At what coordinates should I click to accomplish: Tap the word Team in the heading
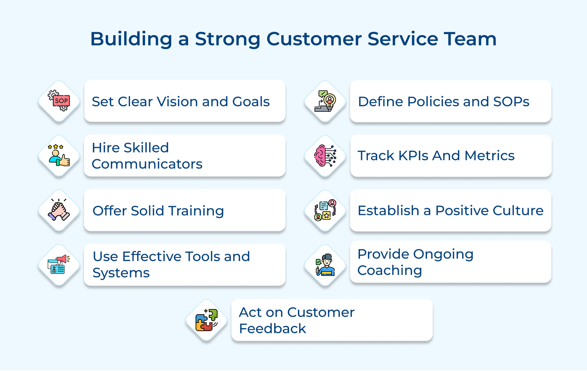pyautogui.click(x=470, y=39)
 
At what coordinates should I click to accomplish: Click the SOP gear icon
pyautogui.click(x=59, y=101)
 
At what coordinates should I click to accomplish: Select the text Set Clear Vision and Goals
pyautogui.click(x=181, y=102)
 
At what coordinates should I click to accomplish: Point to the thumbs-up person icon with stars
pyautogui.click(x=59, y=156)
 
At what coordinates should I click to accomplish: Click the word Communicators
pyautogui.click(x=147, y=164)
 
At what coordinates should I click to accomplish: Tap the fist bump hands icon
pyautogui.click(x=59, y=210)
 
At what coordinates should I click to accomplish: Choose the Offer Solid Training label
pyautogui.click(x=158, y=211)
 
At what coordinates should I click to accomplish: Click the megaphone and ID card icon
pyautogui.click(x=59, y=265)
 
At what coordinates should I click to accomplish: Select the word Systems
pyautogui.click(x=121, y=273)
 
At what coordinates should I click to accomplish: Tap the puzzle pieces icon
pyautogui.click(x=207, y=320)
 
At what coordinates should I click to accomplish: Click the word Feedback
pyautogui.click(x=272, y=328)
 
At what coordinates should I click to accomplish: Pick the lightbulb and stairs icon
pyautogui.click(x=325, y=101)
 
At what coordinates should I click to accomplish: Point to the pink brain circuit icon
pyautogui.click(x=325, y=156)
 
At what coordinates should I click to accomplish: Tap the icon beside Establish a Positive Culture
pyautogui.click(x=325, y=210)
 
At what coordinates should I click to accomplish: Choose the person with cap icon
pyautogui.click(x=325, y=265)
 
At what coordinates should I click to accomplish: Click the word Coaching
pyautogui.click(x=390, y=271)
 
